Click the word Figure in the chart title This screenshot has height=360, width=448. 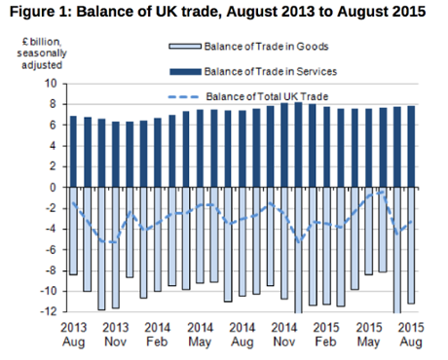click(x=35, y=14)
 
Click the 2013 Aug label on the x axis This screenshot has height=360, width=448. click(x=73, y=335)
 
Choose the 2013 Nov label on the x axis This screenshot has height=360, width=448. click(x=115, y=335)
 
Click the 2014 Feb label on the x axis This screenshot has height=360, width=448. click(x=158, y=335)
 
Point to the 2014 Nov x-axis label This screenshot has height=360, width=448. click(x=283, y=335)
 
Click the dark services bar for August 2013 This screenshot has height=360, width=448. click(x=73, y=151)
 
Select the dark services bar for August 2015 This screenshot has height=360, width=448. click(x=410, y=146)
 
